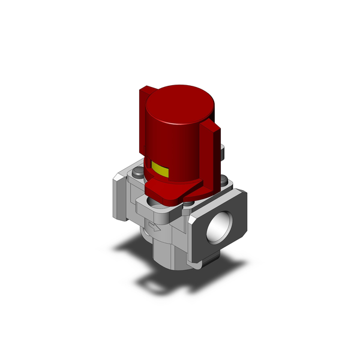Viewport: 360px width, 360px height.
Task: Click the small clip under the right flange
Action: (205, 263)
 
